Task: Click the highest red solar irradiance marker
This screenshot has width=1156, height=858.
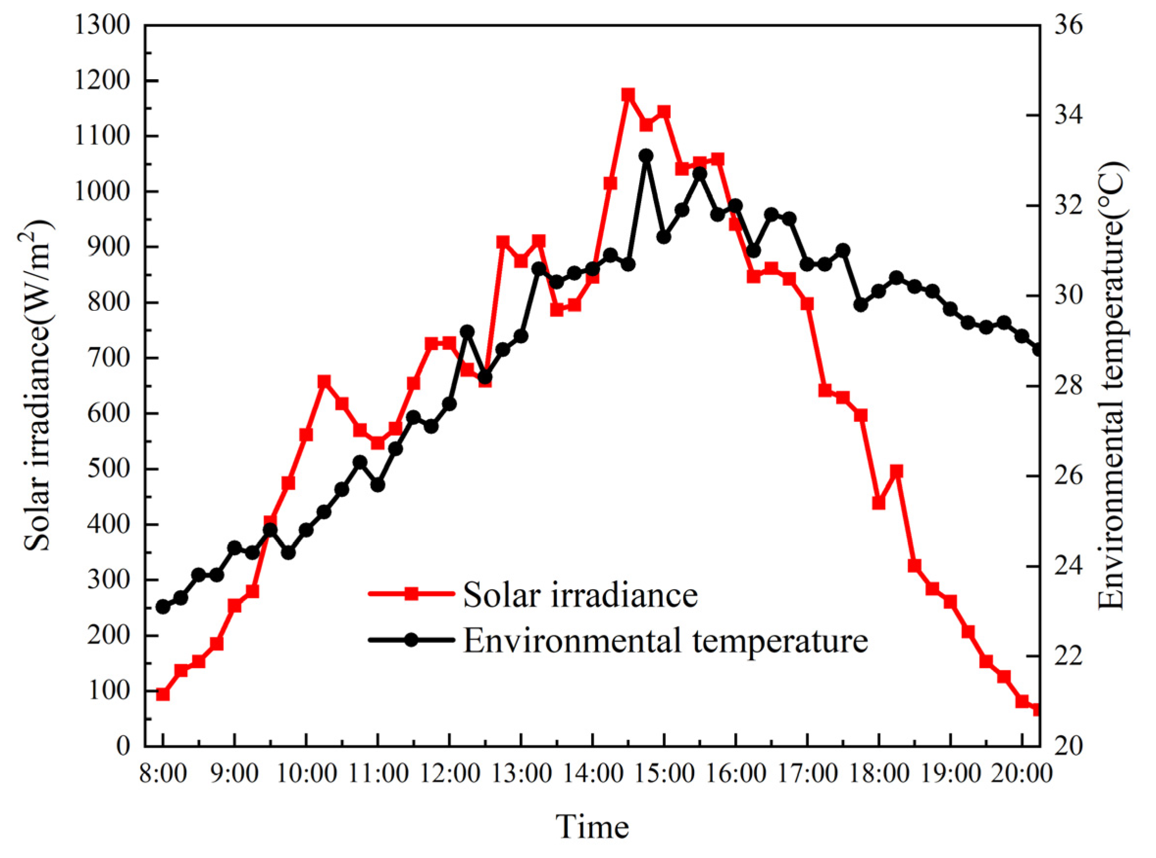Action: [x=628, y=94]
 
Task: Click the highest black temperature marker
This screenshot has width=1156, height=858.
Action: [x=646, y=156]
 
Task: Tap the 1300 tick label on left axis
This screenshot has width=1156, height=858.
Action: [x=102, y=25]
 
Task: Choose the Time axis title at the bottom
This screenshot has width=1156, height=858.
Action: [x=592, y=826]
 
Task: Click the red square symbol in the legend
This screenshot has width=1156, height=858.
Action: [x=411, y=594]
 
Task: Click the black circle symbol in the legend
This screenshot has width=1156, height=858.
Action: [x=411, y=640]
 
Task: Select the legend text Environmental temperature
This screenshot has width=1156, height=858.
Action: [x=665, y=641]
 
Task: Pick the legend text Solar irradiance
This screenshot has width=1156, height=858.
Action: [x=580, y=595]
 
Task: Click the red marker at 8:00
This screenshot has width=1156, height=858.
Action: [x=163, y=694]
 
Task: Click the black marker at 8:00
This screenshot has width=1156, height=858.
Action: [x=163, y=606]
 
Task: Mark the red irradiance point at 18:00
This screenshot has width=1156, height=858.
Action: [x=878, y=503]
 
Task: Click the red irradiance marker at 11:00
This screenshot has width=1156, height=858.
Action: [x=378, y=442]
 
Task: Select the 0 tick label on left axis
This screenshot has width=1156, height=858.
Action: [x=122, y=746]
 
